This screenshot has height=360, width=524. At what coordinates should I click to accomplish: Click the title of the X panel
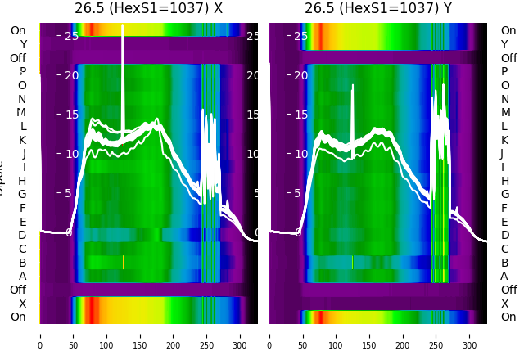click(148, 9)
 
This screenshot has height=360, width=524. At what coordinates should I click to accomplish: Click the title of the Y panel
click(377, 9)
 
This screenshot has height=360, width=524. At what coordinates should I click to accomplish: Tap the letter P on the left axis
click(22, 72)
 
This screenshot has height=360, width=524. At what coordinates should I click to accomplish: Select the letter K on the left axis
click(22, 140)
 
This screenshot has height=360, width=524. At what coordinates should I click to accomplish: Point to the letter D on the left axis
click(22, 236)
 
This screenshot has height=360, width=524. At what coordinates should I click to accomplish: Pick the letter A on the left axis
click(22, 277)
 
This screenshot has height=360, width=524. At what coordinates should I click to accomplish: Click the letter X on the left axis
click(22, 304)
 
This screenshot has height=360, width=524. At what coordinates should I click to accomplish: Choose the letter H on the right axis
click(505, 181)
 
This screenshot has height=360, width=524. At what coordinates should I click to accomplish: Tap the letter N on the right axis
click(505, 99)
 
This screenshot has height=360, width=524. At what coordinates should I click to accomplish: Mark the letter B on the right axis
click(505, 263)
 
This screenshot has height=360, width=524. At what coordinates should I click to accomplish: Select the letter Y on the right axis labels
click(505, 44)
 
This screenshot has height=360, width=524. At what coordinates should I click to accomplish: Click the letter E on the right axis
click(505, 222)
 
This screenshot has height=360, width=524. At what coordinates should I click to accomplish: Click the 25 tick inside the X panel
click(71, 36)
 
